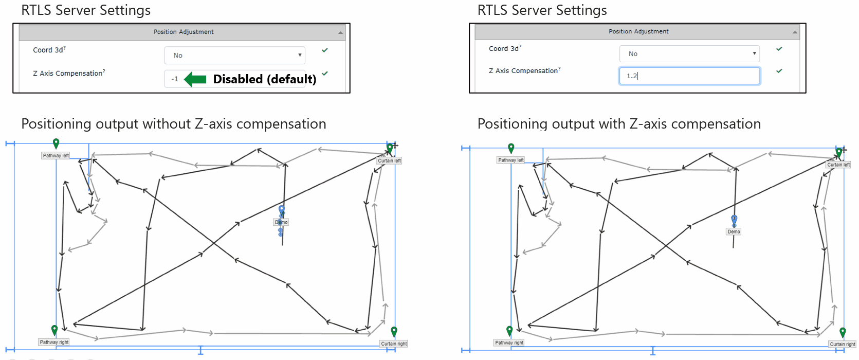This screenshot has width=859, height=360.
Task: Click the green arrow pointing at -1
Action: coord(195,79)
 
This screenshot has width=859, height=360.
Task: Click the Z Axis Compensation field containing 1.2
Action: coord(689,76)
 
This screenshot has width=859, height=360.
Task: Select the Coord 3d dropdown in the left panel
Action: coord(235,55)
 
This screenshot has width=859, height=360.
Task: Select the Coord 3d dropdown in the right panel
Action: coord(689,53)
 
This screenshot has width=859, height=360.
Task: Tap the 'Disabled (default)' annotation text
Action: coord(265,79)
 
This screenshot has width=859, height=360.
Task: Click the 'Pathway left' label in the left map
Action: coord(56,155)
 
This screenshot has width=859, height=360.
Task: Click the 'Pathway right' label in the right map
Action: coord(509,343)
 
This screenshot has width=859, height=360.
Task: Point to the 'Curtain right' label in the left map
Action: coord(394,344)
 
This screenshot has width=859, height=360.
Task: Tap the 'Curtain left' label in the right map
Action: coord(838,165)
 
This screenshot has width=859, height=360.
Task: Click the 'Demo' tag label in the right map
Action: coord(734,231)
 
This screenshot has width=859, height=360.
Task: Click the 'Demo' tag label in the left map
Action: coord(281,222)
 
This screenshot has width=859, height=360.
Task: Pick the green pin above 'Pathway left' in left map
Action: coord(56,143)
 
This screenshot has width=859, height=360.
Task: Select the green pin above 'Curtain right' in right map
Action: coord(843,332)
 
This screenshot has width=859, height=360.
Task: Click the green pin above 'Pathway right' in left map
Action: coord(54,330)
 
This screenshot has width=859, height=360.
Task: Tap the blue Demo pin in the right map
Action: coord(734,220)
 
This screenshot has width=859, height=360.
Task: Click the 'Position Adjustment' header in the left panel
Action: coord(184,32)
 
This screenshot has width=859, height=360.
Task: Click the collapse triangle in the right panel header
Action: coord(795,32)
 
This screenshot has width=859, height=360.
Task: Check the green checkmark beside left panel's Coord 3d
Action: coord(325,50)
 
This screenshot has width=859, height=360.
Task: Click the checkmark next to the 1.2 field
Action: coord(779,71)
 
